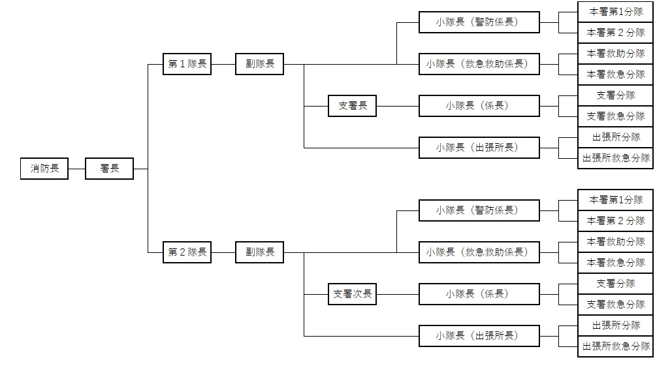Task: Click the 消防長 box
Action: (44, 169)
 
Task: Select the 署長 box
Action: (109, 169)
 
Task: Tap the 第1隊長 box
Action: (187, 64)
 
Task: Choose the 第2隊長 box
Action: (187, 252)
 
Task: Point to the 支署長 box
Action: (352, 106)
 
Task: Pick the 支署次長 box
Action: (352, 294)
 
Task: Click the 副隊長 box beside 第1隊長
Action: (260, 64)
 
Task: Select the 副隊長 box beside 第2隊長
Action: (260, 252)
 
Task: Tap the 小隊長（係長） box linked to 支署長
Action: (479, 106)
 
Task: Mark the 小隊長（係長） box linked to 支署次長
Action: (479, 294)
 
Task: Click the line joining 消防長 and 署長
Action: (76, 169)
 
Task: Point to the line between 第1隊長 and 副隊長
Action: (223, 64)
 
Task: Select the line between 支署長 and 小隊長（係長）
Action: (398, 106)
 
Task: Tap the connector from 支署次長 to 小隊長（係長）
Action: (398, 294)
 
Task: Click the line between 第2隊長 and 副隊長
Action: (223, 252)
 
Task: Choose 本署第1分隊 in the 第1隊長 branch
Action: (615, 12)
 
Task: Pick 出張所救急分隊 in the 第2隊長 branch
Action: (615, 346)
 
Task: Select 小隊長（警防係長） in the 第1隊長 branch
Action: (479, 22)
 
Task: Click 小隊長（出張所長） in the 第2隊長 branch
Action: (479, 336)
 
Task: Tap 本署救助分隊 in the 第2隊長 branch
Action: (615, 242)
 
